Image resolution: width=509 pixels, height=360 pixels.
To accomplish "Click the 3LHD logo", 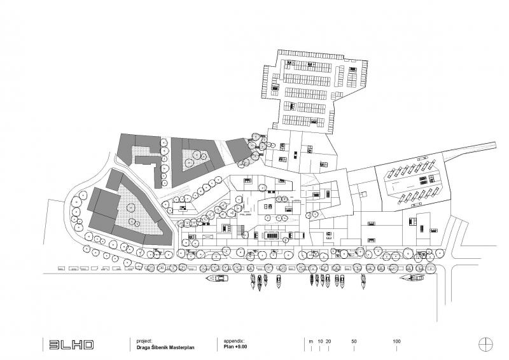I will tap(72, 345).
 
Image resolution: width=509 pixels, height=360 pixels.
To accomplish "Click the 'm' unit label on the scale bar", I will tap(310, 342).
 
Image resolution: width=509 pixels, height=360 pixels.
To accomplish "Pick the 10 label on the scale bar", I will tap(320, 342).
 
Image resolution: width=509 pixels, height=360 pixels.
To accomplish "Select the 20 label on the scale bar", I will tap(328, 342).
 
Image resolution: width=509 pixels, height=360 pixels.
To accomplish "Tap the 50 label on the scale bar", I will tap(354, 342).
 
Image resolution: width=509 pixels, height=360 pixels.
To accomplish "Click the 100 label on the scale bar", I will tap(396, 342).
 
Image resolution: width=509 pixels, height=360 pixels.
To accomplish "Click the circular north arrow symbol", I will tap(486, 344).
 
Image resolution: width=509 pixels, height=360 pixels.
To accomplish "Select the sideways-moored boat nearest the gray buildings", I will tap(218, 279).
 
